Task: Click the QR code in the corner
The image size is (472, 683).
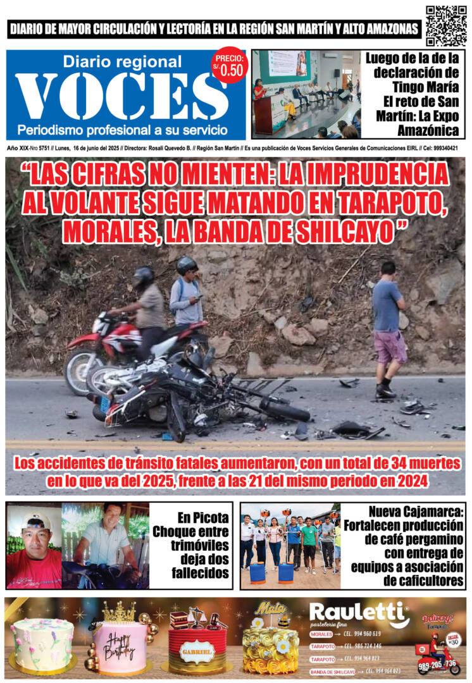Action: tap(446, 25)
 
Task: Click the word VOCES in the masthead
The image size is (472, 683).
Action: tap(114, 97)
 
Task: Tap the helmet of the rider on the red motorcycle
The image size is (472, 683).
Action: tap(144, 276)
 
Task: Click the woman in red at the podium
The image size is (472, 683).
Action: tap(259, 90)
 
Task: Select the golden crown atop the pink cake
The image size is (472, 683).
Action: tap(119, 612)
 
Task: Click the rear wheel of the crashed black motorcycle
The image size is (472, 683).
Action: tap(284, 409)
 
